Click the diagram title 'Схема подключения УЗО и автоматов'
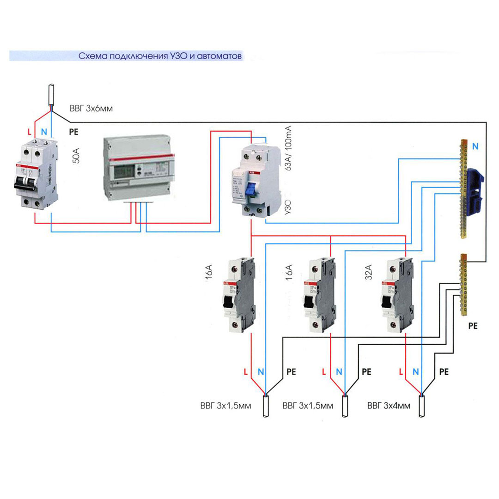point(160,56)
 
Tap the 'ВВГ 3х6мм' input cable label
point(91,109)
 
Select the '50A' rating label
point(76,157)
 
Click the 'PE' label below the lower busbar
point(472,326)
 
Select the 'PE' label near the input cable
point(73,132)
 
